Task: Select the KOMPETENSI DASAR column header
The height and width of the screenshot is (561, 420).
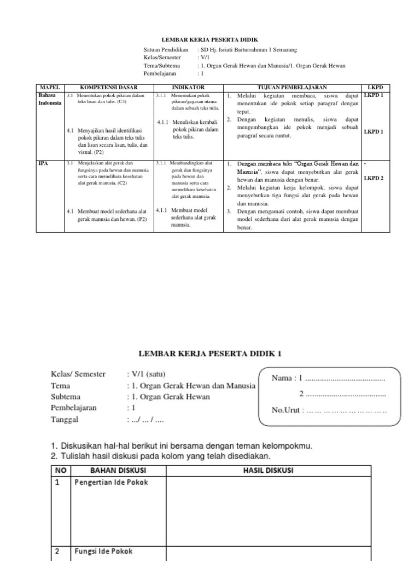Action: tap(109, 87)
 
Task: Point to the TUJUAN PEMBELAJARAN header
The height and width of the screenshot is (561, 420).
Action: tap(292, 87)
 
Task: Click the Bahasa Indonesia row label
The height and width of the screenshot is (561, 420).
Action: tap(50, 99)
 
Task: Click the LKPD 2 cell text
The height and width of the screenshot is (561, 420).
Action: tap(374, 178)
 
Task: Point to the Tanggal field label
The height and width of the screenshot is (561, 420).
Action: tap(65, 420)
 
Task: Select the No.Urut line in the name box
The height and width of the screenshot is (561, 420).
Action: tap(329, 410)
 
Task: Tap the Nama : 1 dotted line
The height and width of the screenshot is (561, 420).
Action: tap(328, 378)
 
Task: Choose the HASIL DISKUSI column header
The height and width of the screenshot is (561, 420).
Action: tap(270, 471)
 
